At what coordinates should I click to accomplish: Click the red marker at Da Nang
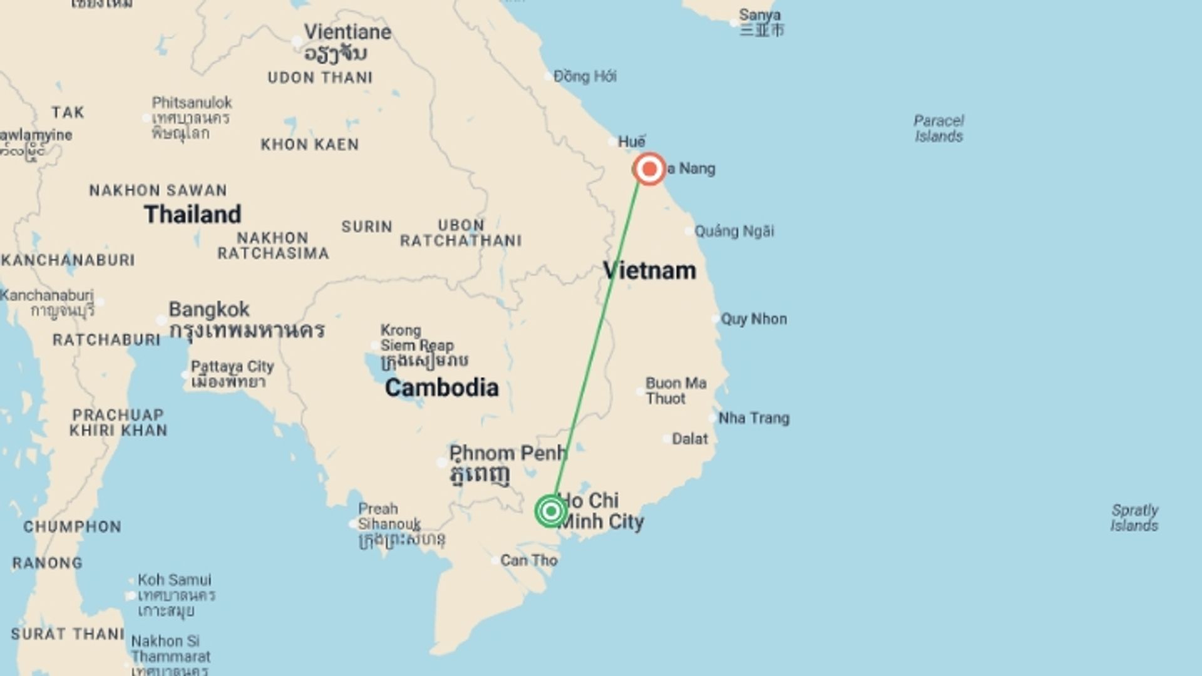649,169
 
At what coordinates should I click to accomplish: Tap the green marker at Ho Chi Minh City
551,511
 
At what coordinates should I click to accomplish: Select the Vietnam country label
649,270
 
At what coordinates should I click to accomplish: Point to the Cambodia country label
441,387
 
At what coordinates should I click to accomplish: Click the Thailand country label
192,214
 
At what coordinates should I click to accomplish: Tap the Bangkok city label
209,309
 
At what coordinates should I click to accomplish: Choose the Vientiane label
347,32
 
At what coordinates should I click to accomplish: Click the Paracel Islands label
938,128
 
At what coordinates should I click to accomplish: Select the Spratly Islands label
1134,518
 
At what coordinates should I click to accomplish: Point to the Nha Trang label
754,417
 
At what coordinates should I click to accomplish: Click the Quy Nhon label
754,319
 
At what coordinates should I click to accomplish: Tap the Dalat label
689,439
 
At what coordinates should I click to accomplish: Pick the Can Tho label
528,560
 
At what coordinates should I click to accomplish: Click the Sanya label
759,15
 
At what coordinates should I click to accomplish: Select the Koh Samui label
174,580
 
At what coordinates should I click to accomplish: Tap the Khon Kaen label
310,145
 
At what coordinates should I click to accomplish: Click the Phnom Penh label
508,453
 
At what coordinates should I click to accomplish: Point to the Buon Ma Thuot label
675,391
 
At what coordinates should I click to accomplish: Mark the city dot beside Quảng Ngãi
689,232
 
